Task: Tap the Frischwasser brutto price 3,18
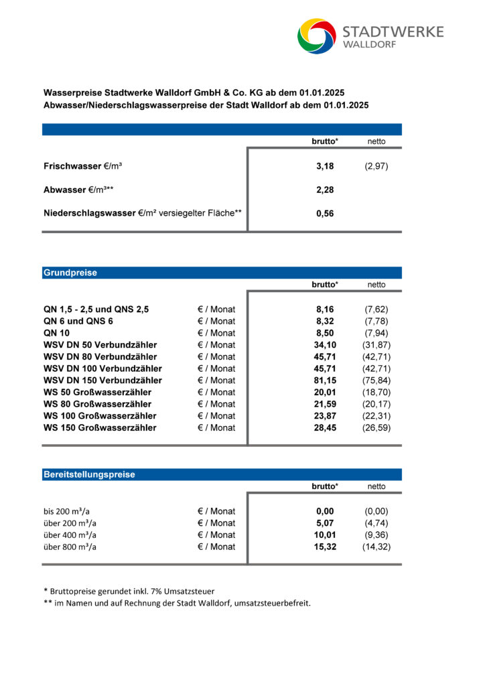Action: [x=325, y=166]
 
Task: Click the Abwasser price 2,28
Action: [x=325, y=190]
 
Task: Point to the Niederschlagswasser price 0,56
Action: [x=325, y=214]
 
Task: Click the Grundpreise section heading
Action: [x=70, y=273]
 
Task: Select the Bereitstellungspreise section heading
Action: [x=89, y=474]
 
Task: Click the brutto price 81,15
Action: [x=325, y=381]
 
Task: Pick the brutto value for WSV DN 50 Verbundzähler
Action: [x=325, y=345]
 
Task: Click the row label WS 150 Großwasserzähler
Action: [x=100, y=427]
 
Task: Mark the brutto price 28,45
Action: [x=325, y=427]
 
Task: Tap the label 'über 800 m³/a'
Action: [x=70, y=547]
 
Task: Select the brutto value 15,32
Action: [x=325, y=547]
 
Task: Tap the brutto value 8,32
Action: [x=325, y=322]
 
